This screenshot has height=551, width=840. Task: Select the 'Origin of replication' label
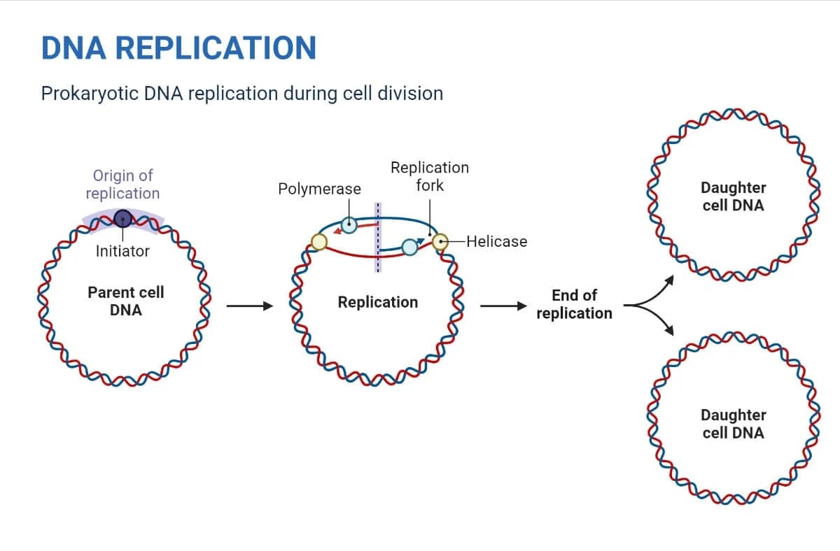[x=122, y=185]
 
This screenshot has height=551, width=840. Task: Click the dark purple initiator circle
[x=123, y=218]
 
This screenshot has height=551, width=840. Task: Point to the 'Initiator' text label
[x=122, y=251]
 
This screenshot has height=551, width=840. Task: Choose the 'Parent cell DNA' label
[x=126, y=301]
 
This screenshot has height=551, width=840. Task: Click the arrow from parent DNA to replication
[x=248, y=306]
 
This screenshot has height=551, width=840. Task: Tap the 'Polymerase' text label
[x=319, y=189]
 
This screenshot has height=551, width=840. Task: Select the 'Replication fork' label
[x=429, y=176]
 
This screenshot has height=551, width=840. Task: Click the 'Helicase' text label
[x=496, y=241]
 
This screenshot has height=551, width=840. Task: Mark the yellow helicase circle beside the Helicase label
[x=440, y=242]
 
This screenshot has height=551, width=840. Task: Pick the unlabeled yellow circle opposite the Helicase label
[x=318, y=242]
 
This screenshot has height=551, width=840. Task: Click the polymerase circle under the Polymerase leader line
[x=349, y=225]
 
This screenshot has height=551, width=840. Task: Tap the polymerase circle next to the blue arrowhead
[x=409, y=246]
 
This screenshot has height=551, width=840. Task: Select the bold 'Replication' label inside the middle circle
[x=377, y=302]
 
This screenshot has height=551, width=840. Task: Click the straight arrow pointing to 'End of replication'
[x=502, y=306]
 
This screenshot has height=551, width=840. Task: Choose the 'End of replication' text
[x=574, y=304]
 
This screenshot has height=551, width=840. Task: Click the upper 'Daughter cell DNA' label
[x=733, y=196]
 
